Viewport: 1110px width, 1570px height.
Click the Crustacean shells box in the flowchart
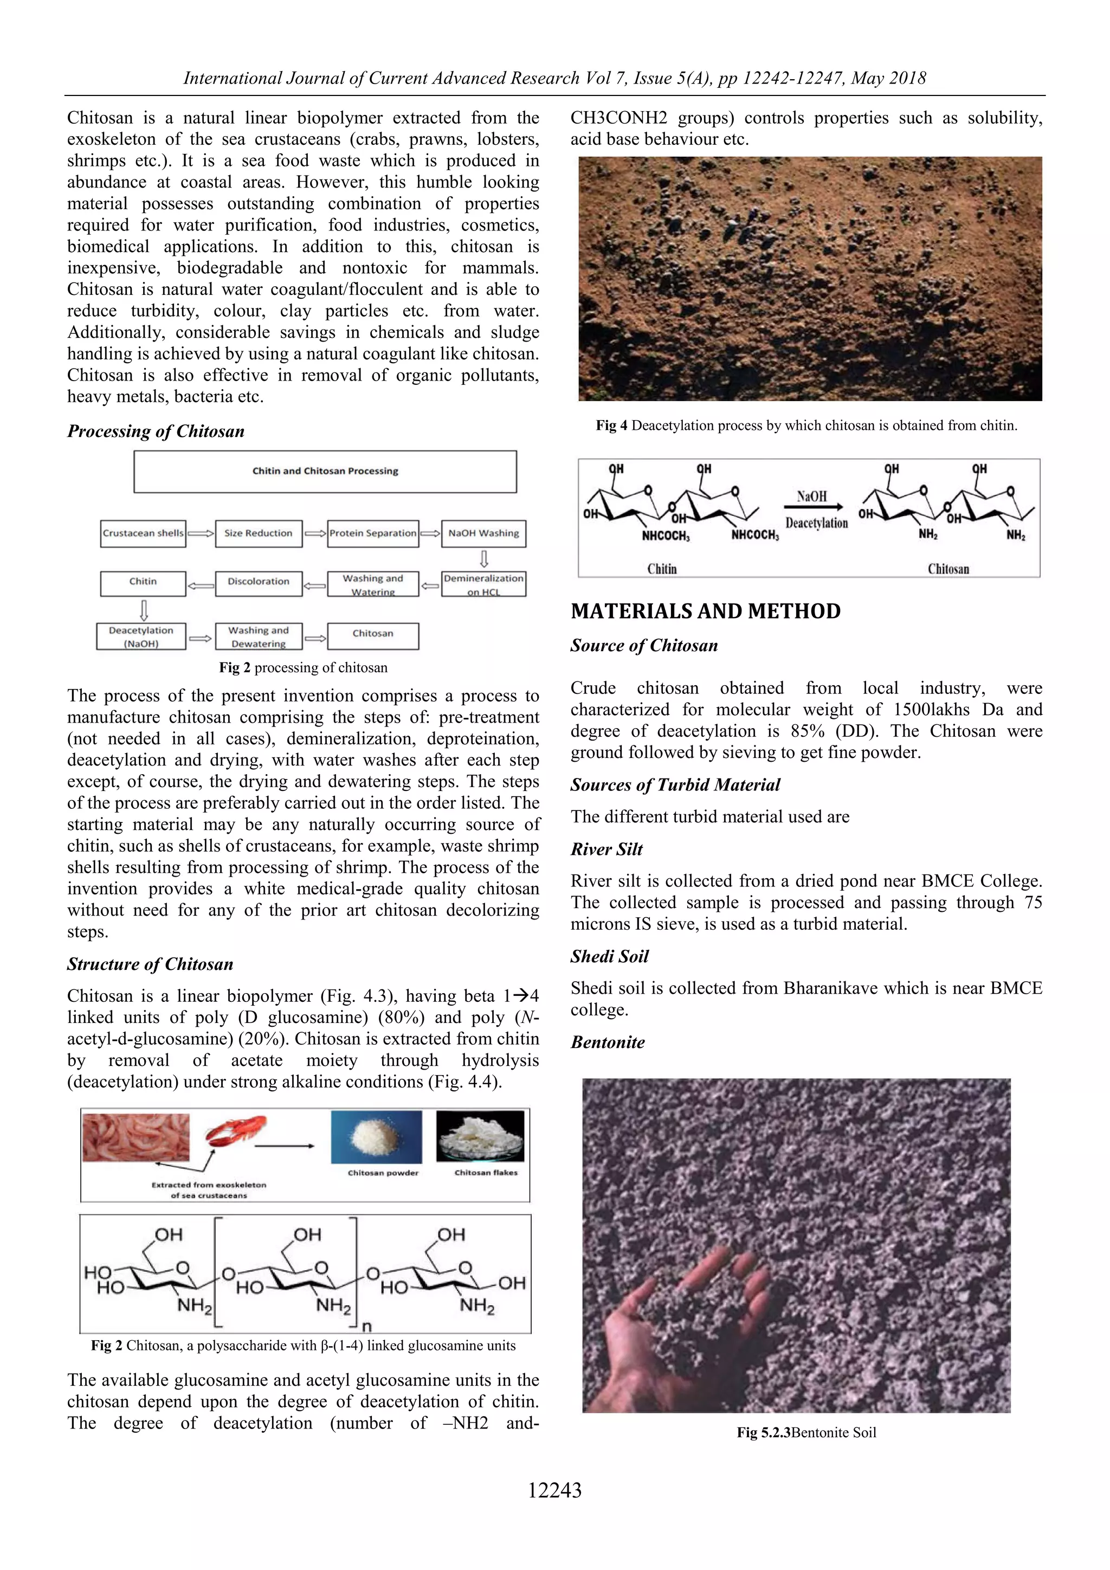(x=143, y=533)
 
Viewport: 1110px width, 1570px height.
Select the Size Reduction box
(x=259, y=533)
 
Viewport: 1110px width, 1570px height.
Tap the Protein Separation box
(x=372, y=533)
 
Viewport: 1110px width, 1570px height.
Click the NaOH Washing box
(x=483, y=533)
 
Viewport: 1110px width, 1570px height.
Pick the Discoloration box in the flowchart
(x=259, y=582)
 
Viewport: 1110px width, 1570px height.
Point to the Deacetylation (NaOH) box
(x=141, y=636)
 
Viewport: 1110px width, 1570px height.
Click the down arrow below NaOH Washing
(x=484, y=559)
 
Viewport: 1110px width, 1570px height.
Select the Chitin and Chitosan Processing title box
(x=325, y=471)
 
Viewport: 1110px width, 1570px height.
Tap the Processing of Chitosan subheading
(x=156, y=432)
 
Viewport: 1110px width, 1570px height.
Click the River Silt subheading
(x=606, y=850)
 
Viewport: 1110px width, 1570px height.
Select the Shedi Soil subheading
(x=609, y=957)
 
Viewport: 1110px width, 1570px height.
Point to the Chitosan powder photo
(x=377, y=1136)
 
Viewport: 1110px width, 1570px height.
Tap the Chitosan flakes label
(x=486, y=1173)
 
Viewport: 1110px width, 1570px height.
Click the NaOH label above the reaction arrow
(x=811, y=497)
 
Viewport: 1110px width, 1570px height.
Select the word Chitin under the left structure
(x=662, y=569)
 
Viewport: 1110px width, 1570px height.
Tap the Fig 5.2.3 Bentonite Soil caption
(x=806, y=1432)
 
